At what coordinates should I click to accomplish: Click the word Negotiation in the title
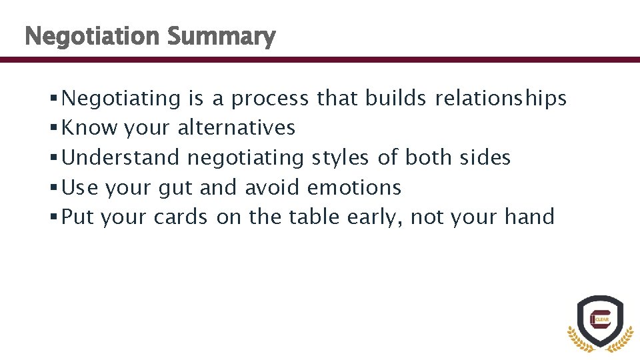click(92, 37)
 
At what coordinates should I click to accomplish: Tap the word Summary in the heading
click(221, 37)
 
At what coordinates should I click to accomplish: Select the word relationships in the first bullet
click(500, 99)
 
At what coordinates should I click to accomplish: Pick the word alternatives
click(236, 127)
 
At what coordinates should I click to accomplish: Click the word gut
click(175, 188)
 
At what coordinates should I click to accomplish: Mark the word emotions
click(354, 188)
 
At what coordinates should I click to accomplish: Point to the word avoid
click(272, 188)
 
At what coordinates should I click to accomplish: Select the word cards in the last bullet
click(180, 217)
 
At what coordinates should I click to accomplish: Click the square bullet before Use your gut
click(53, 189)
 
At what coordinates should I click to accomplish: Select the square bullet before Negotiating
click(53, 99)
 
